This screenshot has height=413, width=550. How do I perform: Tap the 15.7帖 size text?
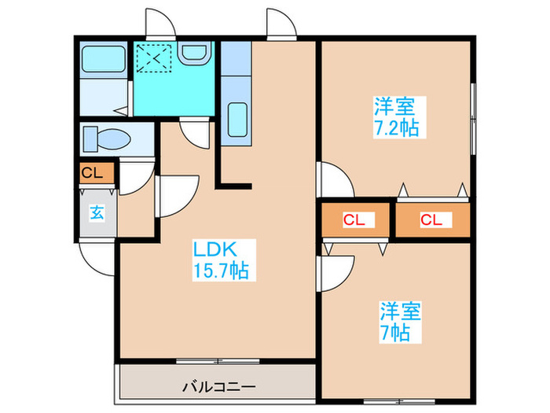click(x=221, y=271)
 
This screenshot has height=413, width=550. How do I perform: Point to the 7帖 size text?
click(x=394, y=332)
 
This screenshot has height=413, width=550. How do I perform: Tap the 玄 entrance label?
click(x=94, y=212)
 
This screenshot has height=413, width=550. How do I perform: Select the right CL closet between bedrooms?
click(x=431, y=221)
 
